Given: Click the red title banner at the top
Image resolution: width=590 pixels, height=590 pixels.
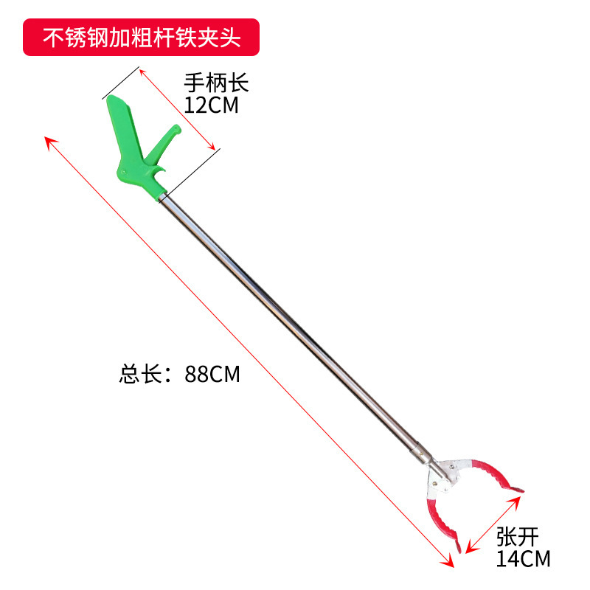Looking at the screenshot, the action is coord(142,36).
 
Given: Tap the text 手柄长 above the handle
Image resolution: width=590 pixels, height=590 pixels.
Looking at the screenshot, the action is coord(217,82).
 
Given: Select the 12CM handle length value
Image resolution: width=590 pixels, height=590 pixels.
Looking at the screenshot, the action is coord(212,105).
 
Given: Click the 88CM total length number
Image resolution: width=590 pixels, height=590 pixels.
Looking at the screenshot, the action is coord(213,374).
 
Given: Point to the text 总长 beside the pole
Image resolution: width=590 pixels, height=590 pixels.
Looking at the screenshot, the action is coord(140,374).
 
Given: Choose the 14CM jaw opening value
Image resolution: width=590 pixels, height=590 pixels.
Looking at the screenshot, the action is coord(523,559).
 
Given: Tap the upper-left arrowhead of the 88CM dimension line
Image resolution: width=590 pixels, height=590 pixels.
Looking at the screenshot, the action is coord(50,141).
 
